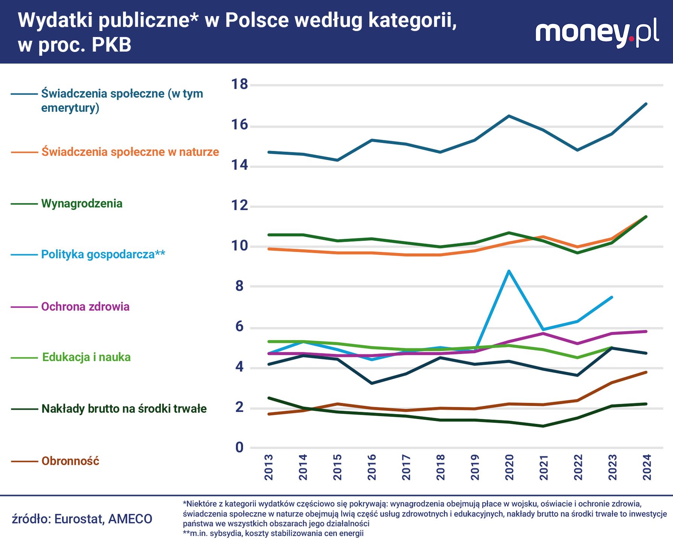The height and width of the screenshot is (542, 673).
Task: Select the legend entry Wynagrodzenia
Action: [82, 204]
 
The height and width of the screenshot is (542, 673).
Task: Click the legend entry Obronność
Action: [70, 461]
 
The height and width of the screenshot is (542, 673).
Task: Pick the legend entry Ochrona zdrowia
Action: [85, 306]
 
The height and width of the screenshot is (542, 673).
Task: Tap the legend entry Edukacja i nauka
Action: [86, 357]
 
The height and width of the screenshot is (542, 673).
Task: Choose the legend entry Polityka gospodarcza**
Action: [103, 254]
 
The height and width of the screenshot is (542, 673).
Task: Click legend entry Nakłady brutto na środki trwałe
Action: [124, 408]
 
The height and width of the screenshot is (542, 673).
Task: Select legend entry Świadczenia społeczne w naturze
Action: [130, 152]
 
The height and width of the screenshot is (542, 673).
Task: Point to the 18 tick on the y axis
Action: [239, 84]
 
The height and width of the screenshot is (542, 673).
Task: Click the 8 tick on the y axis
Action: [239, 286]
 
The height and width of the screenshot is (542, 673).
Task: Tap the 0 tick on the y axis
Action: [239, 448]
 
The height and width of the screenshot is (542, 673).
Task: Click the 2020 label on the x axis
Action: [509, 467]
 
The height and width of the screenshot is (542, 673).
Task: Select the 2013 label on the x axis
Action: [268, 467]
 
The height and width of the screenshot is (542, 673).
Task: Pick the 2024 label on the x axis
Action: [647, 467]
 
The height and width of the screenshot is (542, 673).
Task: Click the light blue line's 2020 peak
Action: [509, 271]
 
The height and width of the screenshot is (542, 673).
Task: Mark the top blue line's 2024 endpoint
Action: [646, 104]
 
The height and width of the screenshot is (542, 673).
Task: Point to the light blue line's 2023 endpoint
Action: [612, 297]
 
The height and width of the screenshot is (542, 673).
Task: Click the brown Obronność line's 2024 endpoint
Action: [646, 372]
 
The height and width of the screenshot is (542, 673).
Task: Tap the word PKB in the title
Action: [112, 45]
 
